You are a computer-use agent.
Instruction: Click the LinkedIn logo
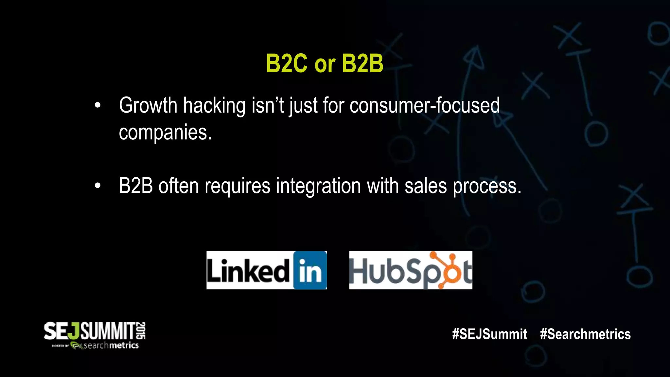266,270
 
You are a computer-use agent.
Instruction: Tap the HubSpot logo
411,270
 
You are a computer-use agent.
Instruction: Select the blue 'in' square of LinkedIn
310,270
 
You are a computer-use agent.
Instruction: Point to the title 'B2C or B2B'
324,63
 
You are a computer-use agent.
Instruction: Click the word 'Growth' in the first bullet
148,106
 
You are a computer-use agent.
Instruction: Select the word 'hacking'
214,106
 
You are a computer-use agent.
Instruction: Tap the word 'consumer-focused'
424,106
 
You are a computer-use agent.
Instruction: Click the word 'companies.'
165,133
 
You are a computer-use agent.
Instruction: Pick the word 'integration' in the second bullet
318,186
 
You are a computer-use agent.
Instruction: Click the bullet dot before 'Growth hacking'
97,106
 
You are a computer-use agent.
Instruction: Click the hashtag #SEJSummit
489,334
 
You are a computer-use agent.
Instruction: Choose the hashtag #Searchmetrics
585,334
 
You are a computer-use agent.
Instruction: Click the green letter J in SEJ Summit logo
75,332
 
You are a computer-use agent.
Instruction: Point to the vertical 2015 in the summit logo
141,331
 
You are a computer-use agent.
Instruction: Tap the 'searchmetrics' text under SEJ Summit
111,346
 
